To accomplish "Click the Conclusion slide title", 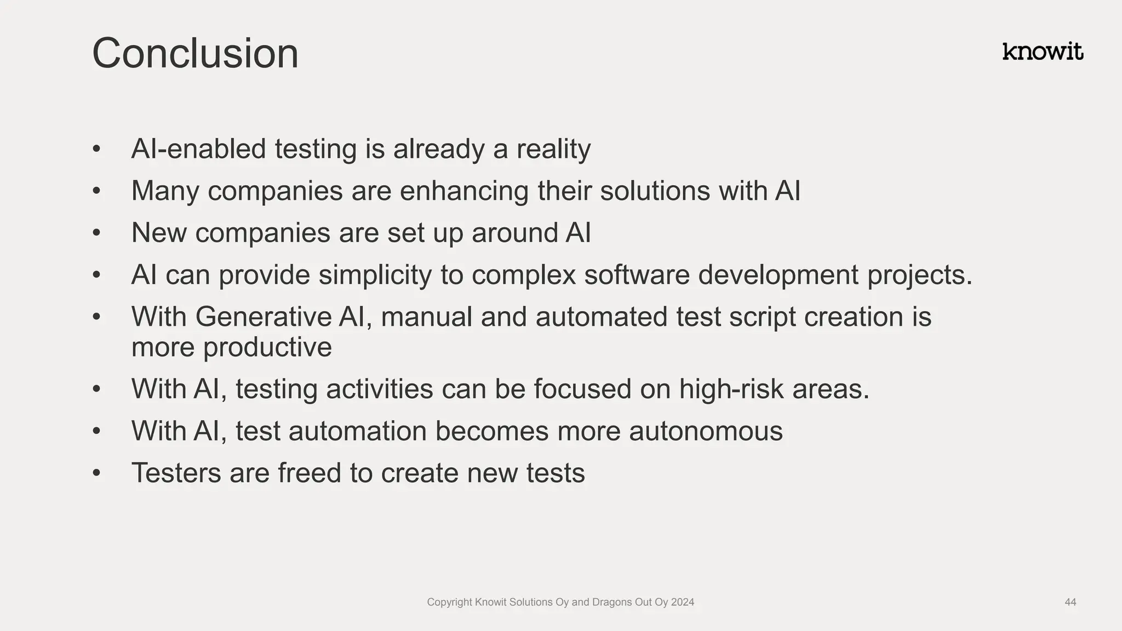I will click(195, 53).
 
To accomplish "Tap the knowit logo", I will click(1043, 52).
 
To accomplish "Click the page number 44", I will click(1070, 602).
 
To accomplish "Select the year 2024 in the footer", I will click(683, 602).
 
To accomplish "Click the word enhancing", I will click(464, 191).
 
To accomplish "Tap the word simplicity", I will click(375, 275).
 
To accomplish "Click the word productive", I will click(267, 347).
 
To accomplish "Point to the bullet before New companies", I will click(97, 233).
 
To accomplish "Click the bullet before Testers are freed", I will click(97, 473).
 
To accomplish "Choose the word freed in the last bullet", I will click(310, 473).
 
